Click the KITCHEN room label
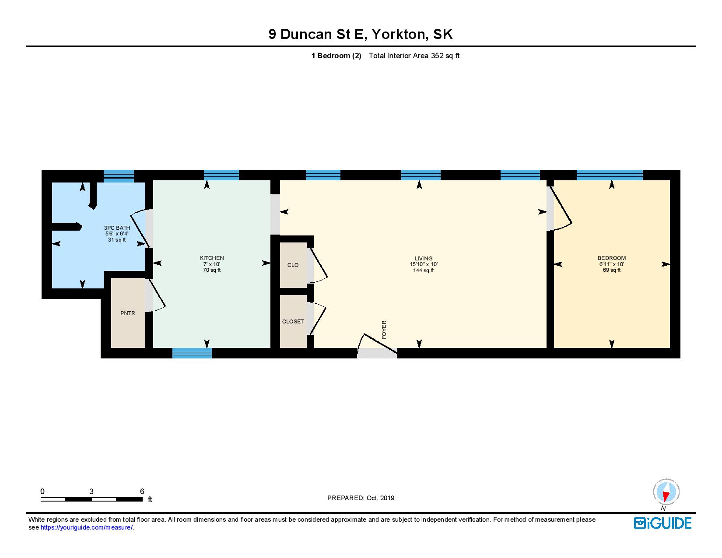(x=212, y=258)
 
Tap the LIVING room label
(x=423, y=258)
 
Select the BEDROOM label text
(x=611, y=258)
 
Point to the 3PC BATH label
(x=117, y=228)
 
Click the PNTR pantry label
(x=128, y=313)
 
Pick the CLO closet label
(x=293, y=265)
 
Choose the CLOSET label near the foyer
(x=293, y=321)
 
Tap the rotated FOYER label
(x=384, y=330)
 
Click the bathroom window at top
(x=119, y=176)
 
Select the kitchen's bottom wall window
(x=192, y=353)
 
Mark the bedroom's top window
(x=610, y=175)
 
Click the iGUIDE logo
(x=662, y=523)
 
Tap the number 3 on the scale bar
(x=91, y=491)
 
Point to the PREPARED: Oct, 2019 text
(x=361, y=498)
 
